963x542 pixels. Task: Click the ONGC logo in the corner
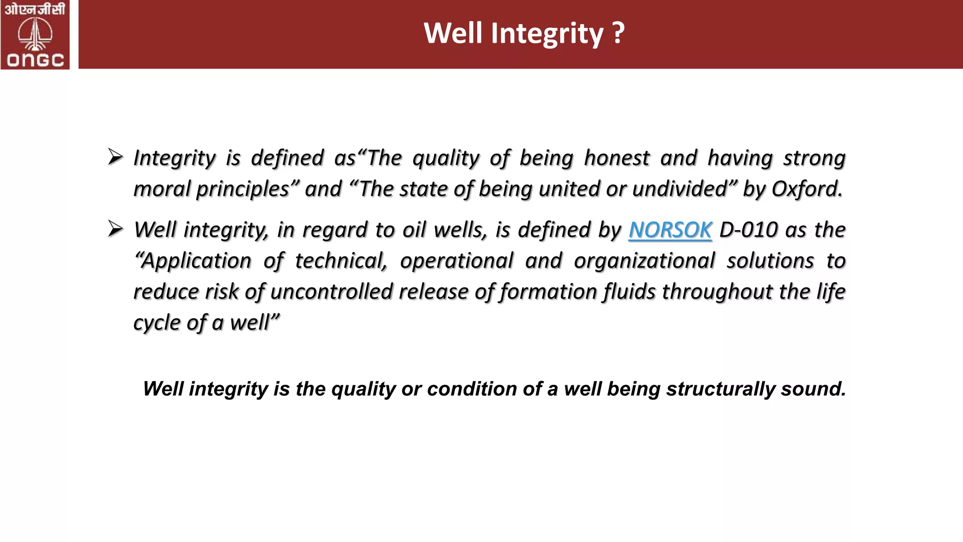point(35,35)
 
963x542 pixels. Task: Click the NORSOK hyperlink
point(670,230)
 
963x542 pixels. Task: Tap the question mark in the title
point(619,33)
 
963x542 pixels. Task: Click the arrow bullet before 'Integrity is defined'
point(115,157)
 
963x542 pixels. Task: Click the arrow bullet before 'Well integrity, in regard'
point(115,229)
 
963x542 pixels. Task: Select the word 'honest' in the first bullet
point(616,158)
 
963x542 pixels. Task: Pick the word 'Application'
point(193,261)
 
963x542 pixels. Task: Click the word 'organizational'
point(644,261)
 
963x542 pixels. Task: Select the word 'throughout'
point(717,292)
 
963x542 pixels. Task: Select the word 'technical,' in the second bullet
point(341,261)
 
